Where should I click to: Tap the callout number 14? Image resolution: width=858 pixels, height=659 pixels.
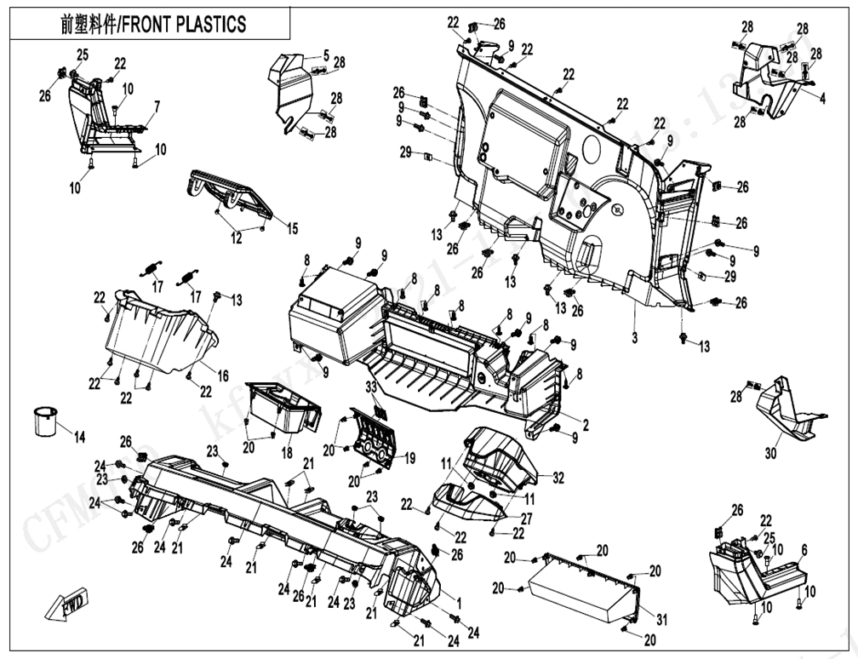pos(79,438)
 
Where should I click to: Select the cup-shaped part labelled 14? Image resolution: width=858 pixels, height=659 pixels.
pos(45,421)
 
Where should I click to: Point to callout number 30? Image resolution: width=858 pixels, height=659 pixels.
pos(770,454)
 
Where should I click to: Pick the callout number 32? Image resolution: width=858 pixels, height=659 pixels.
pos(558,478)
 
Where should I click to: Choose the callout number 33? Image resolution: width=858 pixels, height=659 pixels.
pos(371,387)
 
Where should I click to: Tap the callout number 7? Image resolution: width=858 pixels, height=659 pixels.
pos(156,106)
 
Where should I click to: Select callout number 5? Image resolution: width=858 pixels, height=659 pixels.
pos(325,56)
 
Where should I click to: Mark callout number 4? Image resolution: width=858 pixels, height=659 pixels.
pos(822,99)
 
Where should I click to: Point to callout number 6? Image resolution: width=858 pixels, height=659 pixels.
pos(804,549)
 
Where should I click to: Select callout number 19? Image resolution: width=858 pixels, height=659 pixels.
pos(409,459)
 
